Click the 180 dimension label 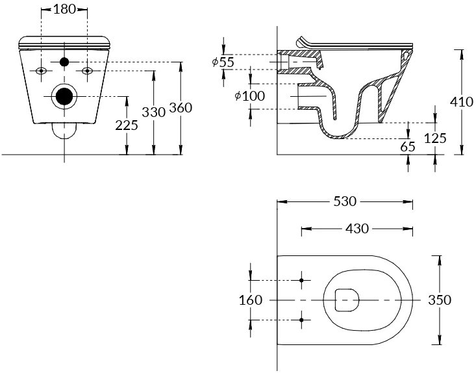tap(64, 9)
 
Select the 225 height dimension tap(127, 125)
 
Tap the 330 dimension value tap(154, 112)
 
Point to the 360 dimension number tap(181, 108)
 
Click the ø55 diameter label tap(223, 62)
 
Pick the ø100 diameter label tap(250, 96)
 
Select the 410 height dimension tap(462, 102)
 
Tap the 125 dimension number tap(435, 138)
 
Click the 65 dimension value tap(408, 147)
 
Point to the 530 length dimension tap(345, 201)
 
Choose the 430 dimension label tap(357, 229)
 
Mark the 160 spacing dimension tap(251, 300)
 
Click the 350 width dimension tap(440, 300)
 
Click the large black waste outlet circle tap(64, 96)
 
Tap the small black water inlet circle tap(64, 62)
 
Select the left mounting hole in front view tap(41, 71)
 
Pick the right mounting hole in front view tap(88, 71)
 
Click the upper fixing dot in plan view tap(301, 280)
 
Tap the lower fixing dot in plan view tap(301, 320)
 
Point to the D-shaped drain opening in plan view tap(347, 300)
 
